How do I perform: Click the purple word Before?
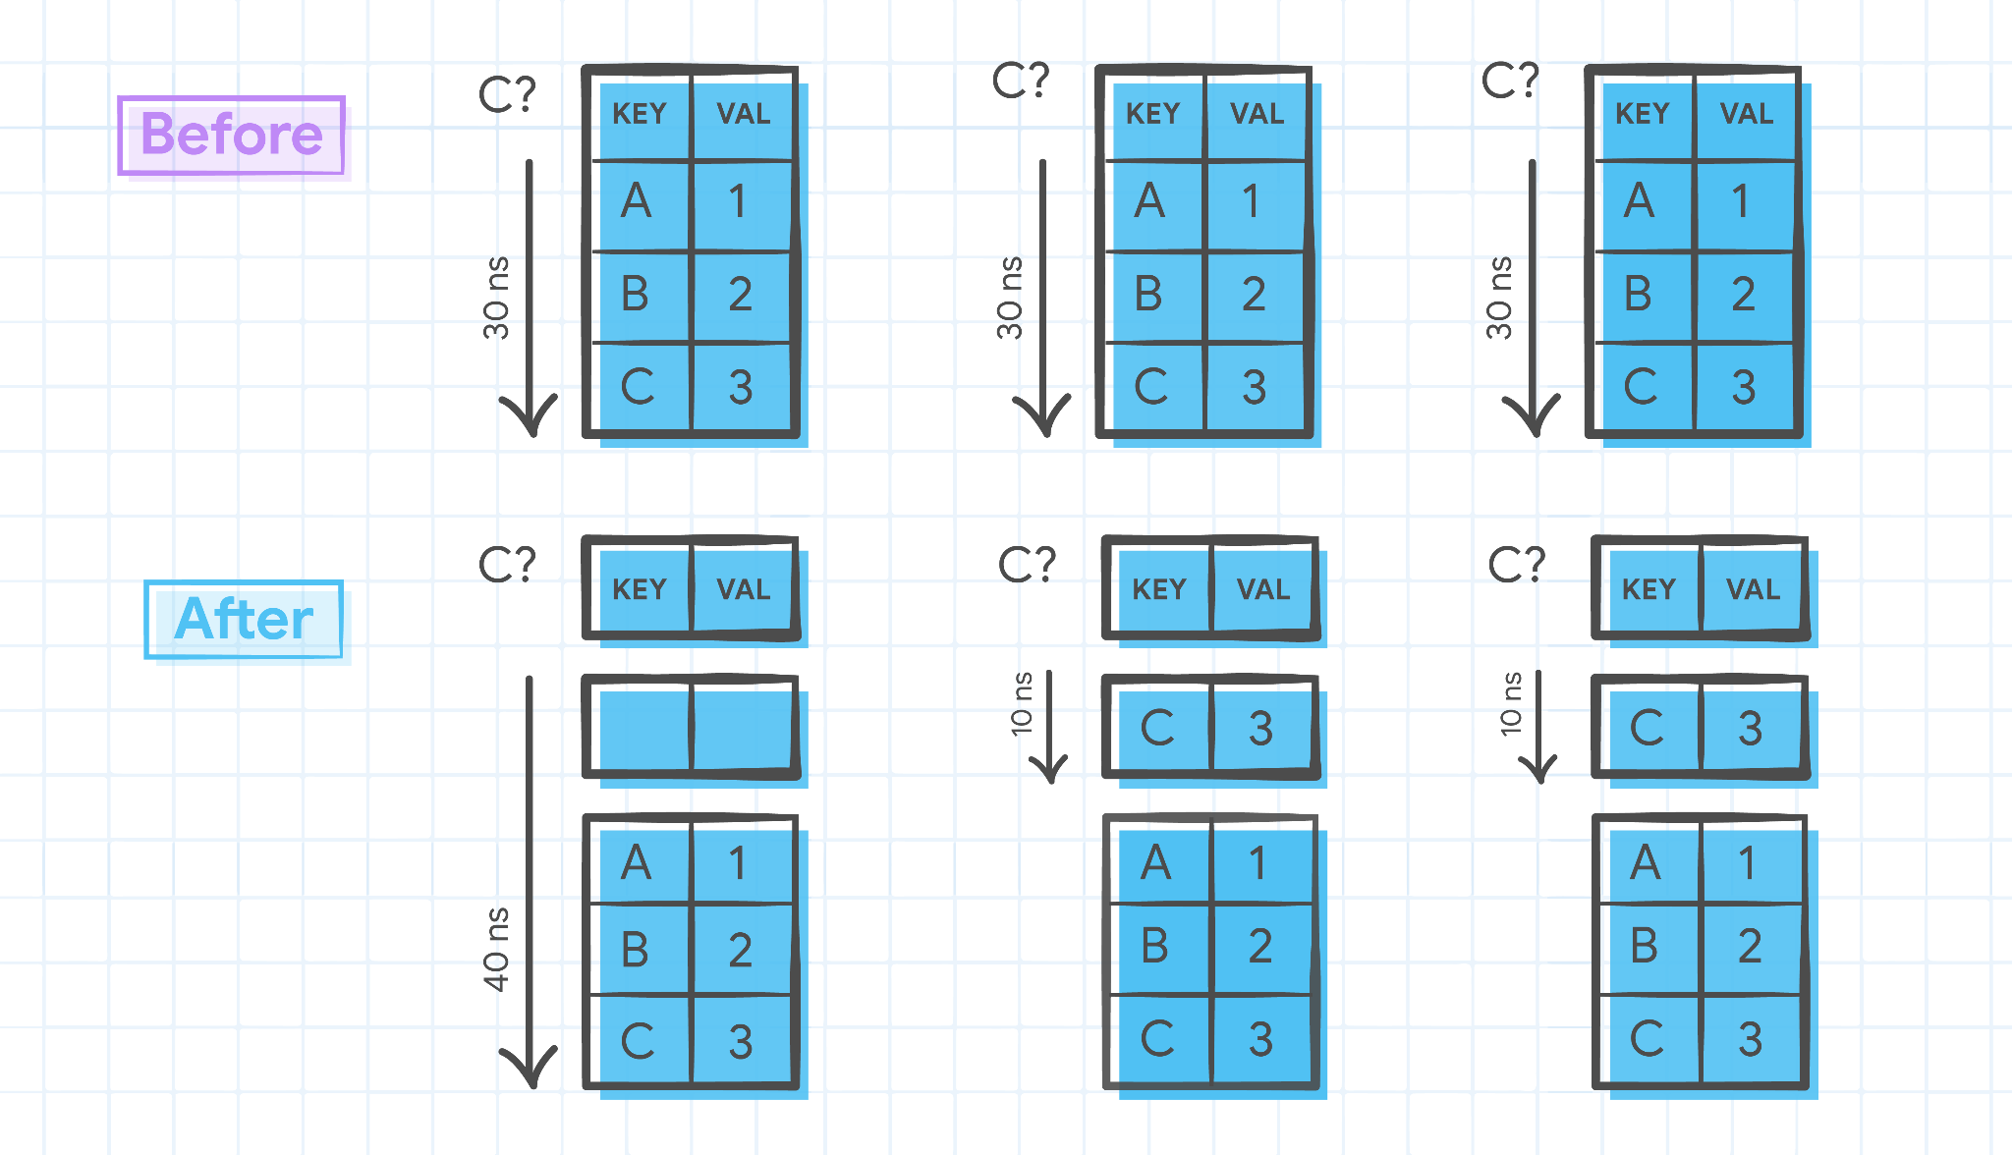232,135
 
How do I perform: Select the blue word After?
244,619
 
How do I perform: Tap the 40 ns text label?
497,949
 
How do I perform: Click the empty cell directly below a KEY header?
640,727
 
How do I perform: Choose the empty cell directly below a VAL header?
744,727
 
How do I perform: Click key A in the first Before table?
637,201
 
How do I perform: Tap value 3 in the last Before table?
1744,387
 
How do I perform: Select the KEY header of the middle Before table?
1152,114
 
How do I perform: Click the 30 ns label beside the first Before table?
497,298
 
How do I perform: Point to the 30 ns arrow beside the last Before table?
1532,295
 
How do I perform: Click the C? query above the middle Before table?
1021,81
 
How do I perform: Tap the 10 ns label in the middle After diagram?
1022,703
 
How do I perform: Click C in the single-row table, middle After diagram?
1157,728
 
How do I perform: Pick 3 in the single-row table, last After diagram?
1751,728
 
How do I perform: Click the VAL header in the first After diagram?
744,589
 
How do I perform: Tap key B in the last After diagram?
1645,946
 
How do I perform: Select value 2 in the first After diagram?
741,950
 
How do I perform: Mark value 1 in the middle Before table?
1251,201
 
